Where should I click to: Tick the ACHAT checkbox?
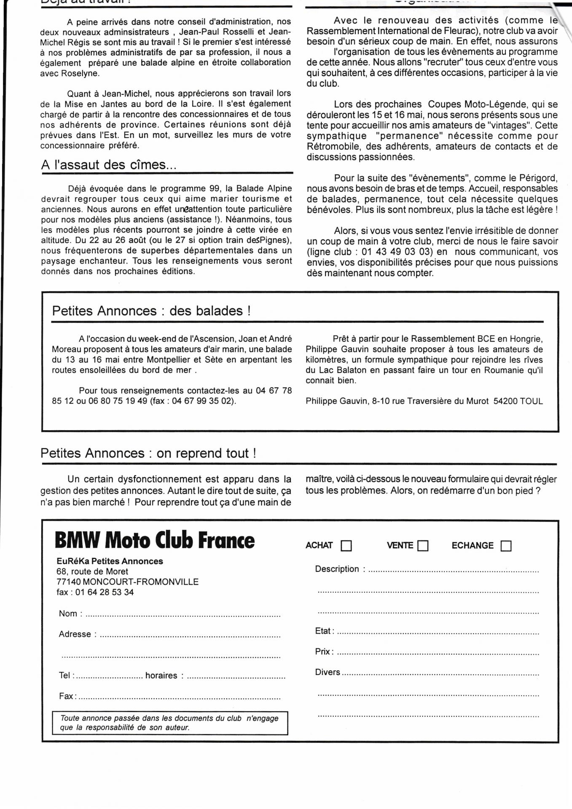(x=346, y=546)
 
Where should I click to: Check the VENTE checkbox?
(x=423, y=546)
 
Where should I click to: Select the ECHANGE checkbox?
(x=506, y=546)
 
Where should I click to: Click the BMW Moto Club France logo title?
(x=155, y=541)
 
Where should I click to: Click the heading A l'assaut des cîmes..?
(x=109, y=165)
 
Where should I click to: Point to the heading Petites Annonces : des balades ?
(x=151, y=311)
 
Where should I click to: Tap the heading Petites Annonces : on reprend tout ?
(x=148, y=453)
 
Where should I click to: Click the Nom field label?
(x=68, y=613)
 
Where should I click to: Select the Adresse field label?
(x=75, y=634)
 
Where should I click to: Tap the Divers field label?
(x=328, y=672)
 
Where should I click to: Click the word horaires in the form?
(x=161, y=675)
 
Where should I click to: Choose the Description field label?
(x=337, y=569)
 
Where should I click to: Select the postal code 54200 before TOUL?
(x=505, y=401)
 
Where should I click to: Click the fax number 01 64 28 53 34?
(x=105, y=592)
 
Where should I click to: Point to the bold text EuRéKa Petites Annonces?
(x=110, y=561)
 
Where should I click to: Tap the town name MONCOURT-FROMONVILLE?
(x=141, y=582)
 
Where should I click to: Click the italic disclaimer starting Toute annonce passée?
(x=169, y=723)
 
